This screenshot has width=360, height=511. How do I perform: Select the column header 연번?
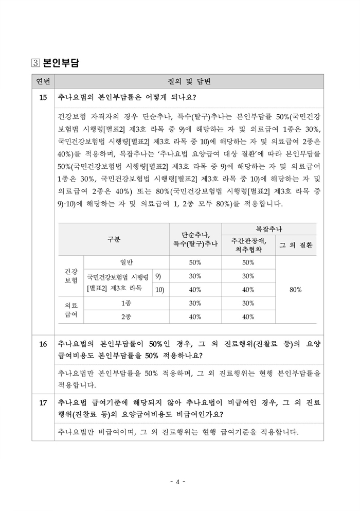click(43, 81)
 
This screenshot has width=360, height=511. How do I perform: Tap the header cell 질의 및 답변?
click(189, 81)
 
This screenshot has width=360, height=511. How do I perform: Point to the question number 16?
click(43, 343)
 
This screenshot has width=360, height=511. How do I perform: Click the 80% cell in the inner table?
click(295, 290)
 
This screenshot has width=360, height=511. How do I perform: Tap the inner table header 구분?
click(114, 239)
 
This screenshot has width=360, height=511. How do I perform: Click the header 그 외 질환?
click(295, 245)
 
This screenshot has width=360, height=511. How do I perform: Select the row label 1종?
click(125, 303)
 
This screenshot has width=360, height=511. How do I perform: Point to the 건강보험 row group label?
click(71, 276)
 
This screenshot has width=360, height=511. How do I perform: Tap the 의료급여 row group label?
click(71, 310)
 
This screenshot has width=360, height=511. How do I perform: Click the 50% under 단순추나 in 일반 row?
click(195, 262)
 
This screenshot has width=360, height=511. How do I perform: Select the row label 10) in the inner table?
click(159, 289)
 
